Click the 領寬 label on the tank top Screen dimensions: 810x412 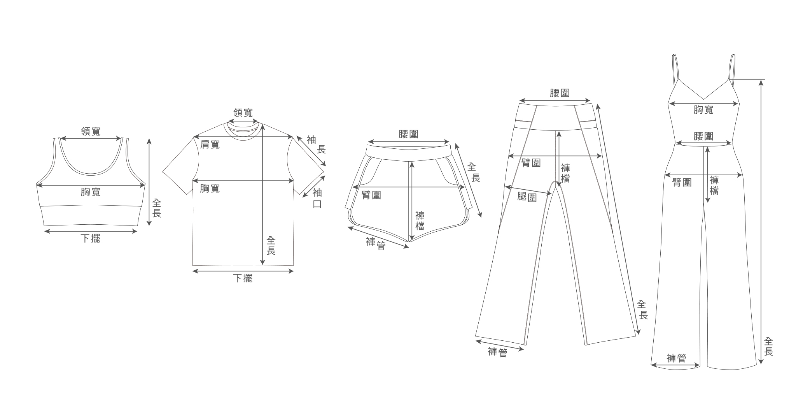pyautogui.click(x=91, y=132)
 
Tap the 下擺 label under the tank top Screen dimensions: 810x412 pyautogui.click(x=91, y=239)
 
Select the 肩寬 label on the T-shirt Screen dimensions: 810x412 pyautogui.click(x=210, y=144)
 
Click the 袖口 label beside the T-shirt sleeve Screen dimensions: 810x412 pyautogui.click(x=317, y=198)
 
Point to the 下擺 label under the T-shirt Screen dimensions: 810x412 pyautogui.click(x=243, y=278)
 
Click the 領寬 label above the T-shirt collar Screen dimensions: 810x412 pyautogui.click(x=243, y=113)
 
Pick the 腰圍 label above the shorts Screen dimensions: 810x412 pyautogui.click(x=408, y=134)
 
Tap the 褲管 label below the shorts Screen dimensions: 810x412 pyautogui.click(x=376, y=243)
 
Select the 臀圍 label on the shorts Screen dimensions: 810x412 pyautogui.click(x=371, y=195)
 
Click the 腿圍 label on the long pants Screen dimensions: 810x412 pyautogui.click(x=527, y=197)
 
